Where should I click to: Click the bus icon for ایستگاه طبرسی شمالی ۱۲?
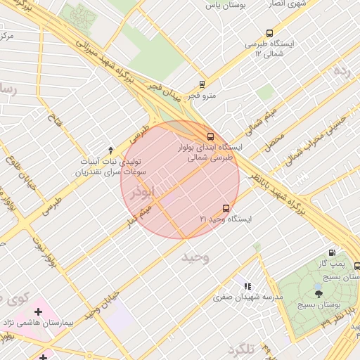click(269, 33)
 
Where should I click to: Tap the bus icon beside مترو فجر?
click(202, 84)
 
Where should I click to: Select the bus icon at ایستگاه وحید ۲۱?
click(225, 208)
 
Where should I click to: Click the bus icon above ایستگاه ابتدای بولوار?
click(210, 136)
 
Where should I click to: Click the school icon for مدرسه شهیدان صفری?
click(247, 286)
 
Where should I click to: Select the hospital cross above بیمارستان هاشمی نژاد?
click(38, 311)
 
